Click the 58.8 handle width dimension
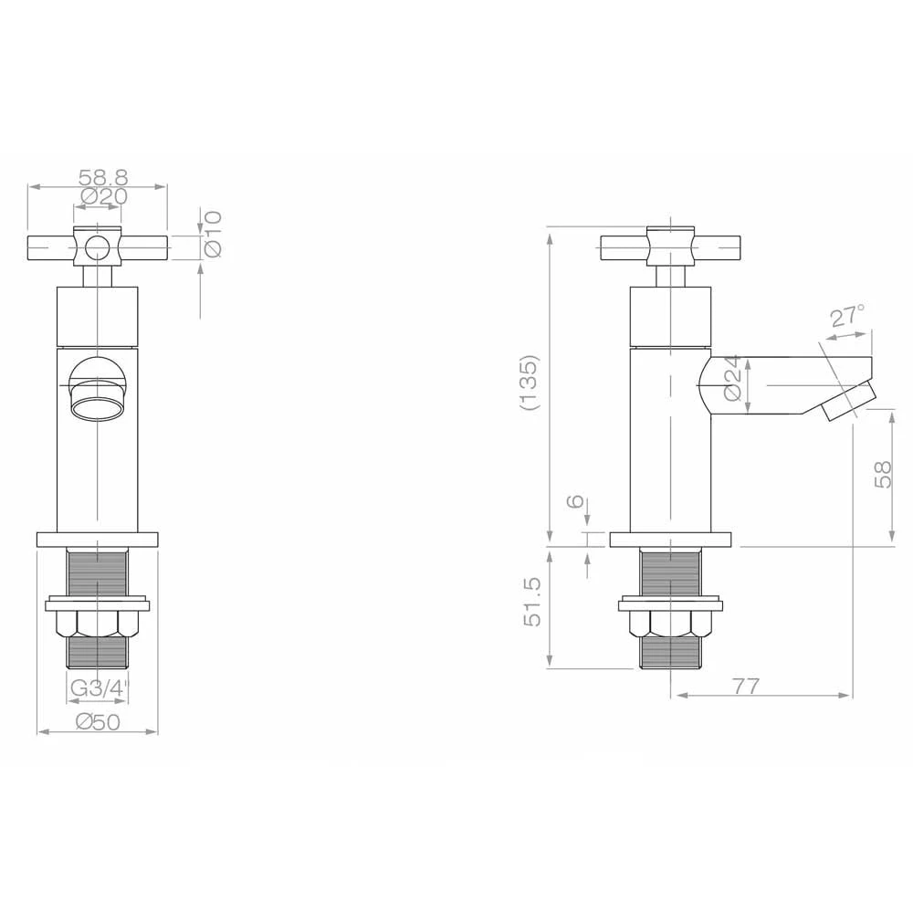tap(103, 176)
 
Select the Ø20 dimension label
tap(104, 196)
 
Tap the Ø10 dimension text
tap(213, 234)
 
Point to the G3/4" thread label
tap(98, 688)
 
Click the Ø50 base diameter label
tap(98, 722)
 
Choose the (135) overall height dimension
tap(530, 383)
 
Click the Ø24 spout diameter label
tap(733, 378)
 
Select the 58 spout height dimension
tap(883, 474)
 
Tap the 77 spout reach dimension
tap(746, 686)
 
